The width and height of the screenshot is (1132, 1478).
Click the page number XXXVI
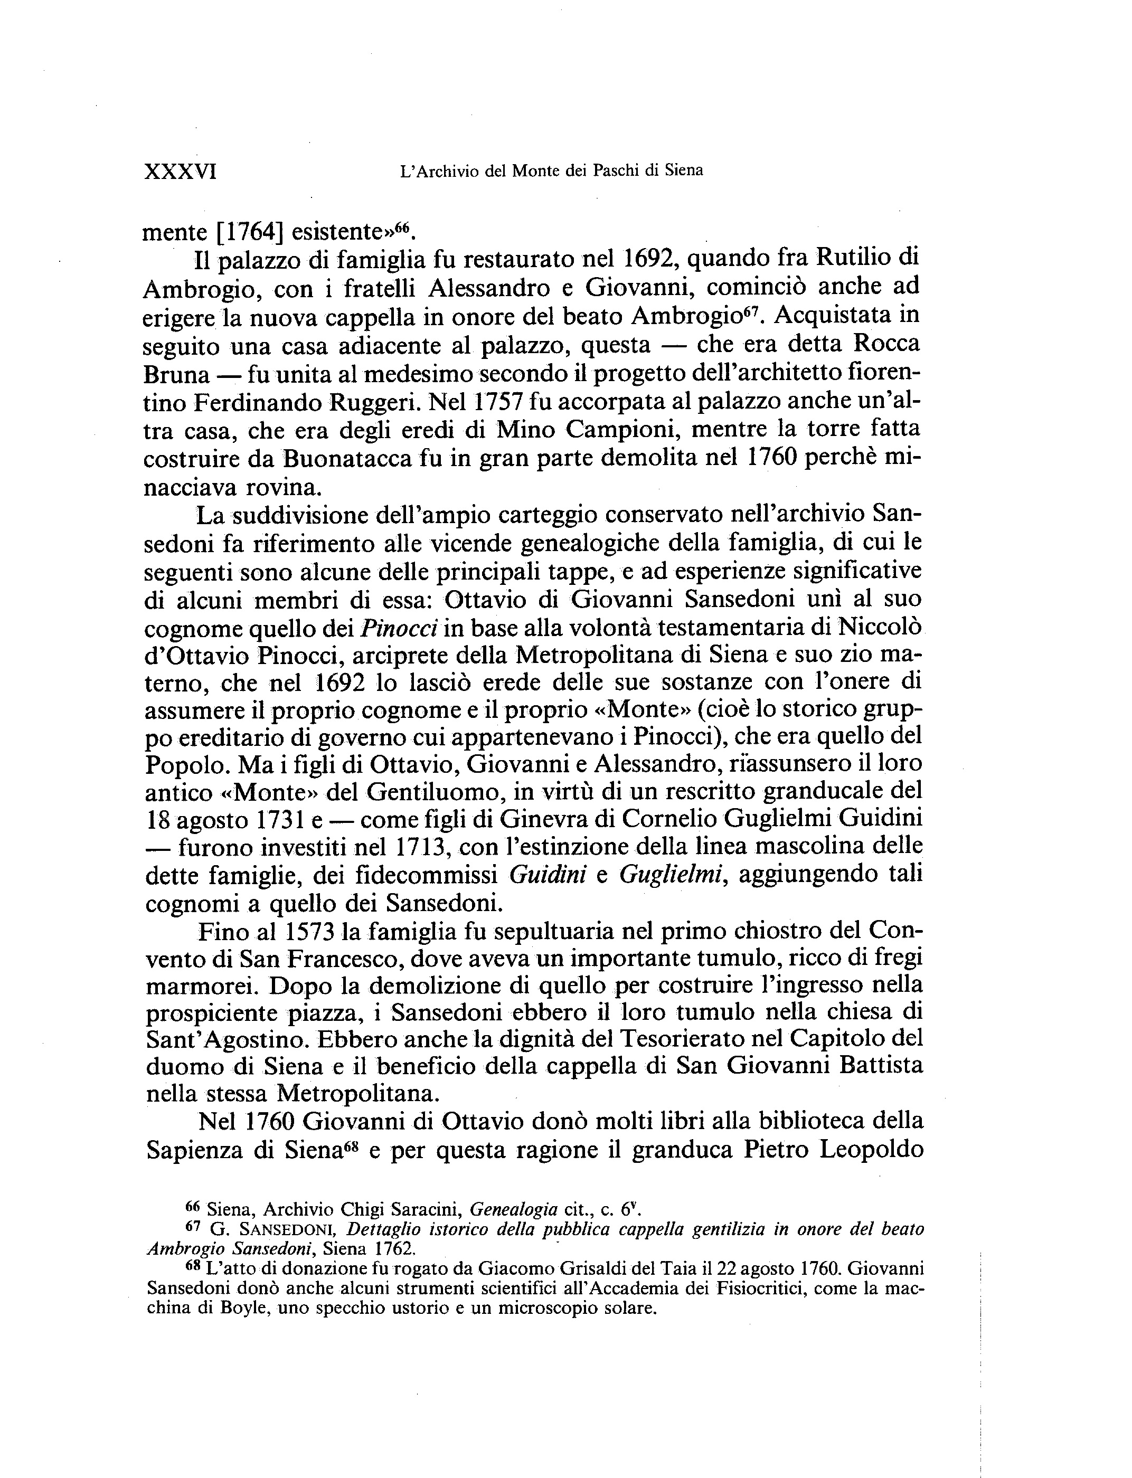180,172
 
